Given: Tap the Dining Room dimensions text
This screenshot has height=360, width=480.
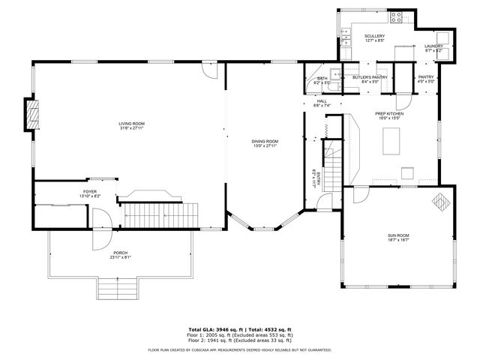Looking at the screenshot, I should pos(265,145).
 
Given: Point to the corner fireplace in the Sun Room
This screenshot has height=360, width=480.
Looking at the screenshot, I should pos(440,201).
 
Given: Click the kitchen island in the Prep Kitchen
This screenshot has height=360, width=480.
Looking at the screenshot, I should pos(391,139).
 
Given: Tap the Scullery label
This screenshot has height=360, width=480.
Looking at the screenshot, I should pos(374,36).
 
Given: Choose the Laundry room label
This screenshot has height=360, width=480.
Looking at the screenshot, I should pos(434,46).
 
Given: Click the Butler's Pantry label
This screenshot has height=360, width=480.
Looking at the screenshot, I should pos(370,76).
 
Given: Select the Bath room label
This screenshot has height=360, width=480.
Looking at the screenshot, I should pos(322,78).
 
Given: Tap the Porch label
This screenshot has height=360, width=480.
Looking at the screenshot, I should pos(120,253).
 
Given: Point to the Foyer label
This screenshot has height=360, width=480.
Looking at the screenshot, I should pos(90,193).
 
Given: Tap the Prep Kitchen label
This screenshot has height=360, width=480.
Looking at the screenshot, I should pos(389,114).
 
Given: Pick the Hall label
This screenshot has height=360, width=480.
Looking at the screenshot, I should pos(322,101).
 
